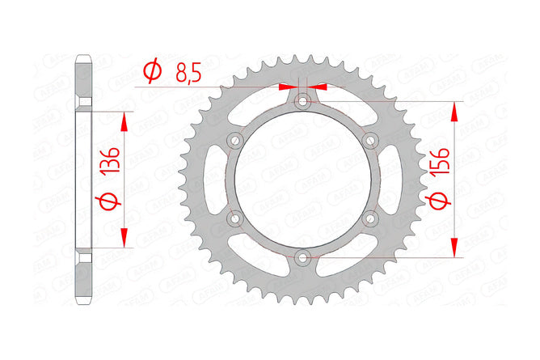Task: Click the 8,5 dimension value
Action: [x=188, y=73]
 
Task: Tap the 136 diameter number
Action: [x=112, y=160]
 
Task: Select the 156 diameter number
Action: [x=441, y=161]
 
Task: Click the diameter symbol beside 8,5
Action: [x=152, y=70]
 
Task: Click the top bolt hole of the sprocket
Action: [x=302, y=101]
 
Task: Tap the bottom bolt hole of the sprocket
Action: [x=302, y=257]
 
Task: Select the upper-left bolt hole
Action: [x=235, y=140]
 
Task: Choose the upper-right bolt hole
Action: [x=370, y=140]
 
